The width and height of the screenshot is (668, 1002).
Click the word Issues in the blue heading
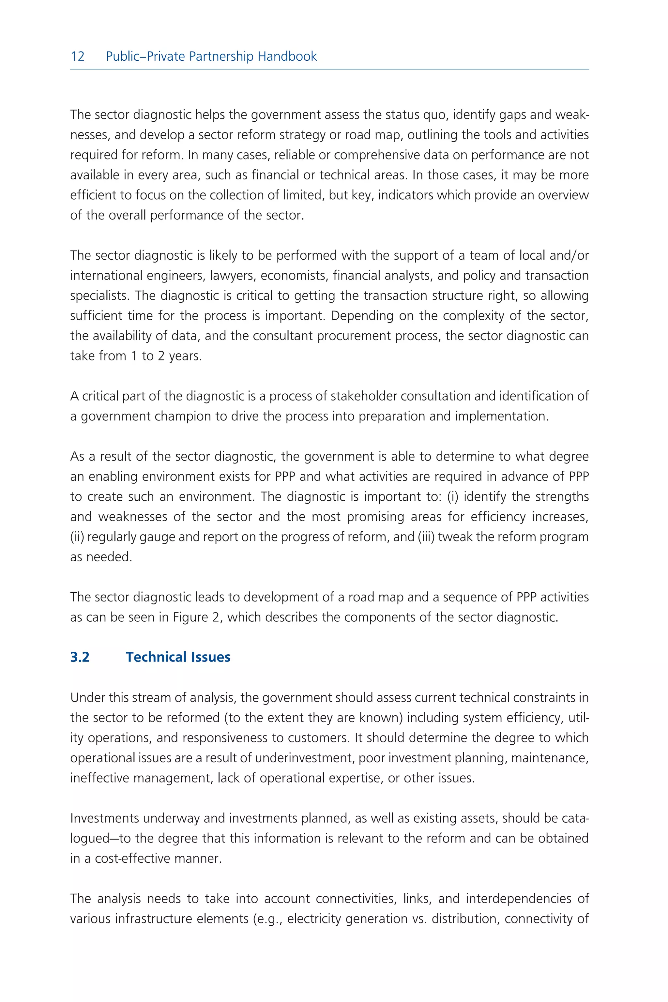tap(210, 657)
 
